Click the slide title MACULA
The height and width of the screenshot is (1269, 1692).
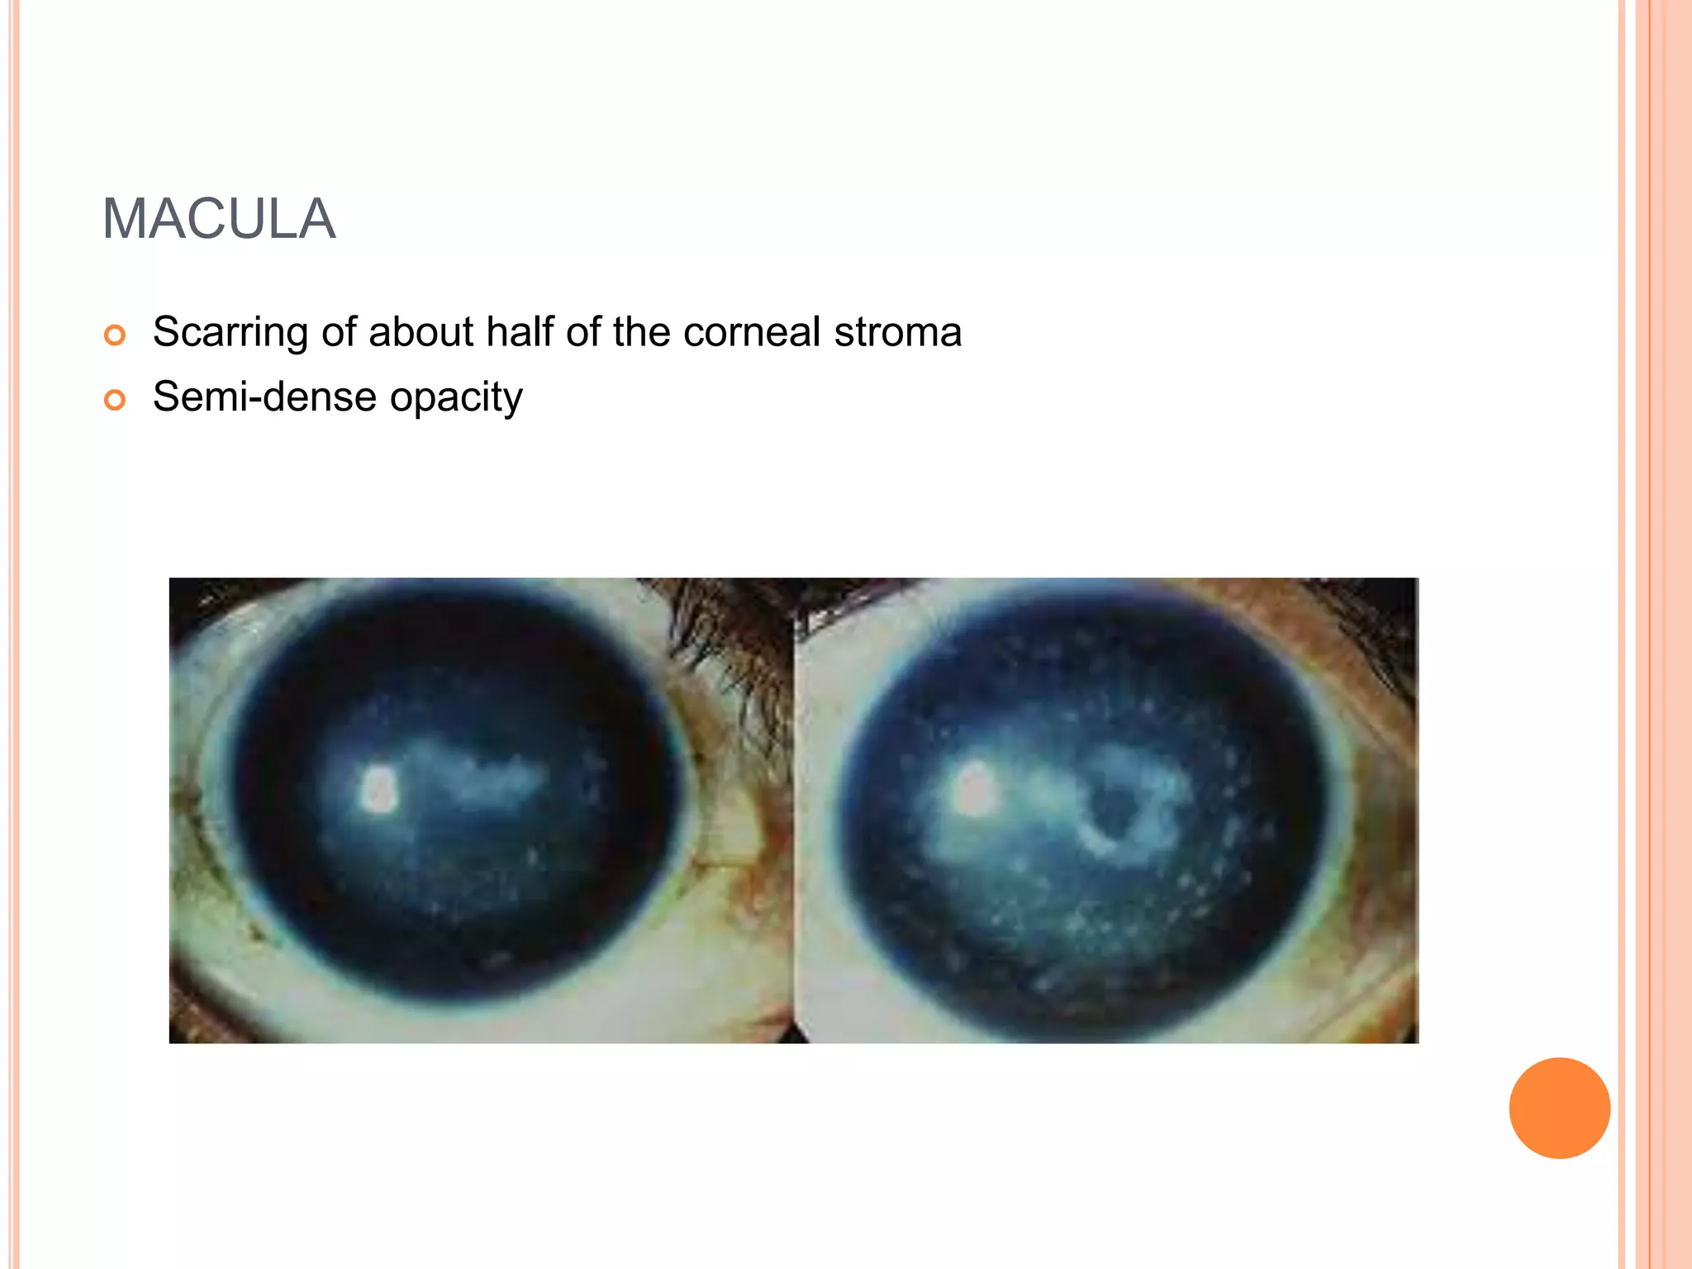click(x=219, y=220)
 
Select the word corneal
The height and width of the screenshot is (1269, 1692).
click(x=752, y=333)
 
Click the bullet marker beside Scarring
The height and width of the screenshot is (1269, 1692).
click(x=115, y=335)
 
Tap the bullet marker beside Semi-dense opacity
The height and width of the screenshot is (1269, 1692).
click(x=115, y=401)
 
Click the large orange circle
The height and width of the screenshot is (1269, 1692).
click(x=1559, y=1108)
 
